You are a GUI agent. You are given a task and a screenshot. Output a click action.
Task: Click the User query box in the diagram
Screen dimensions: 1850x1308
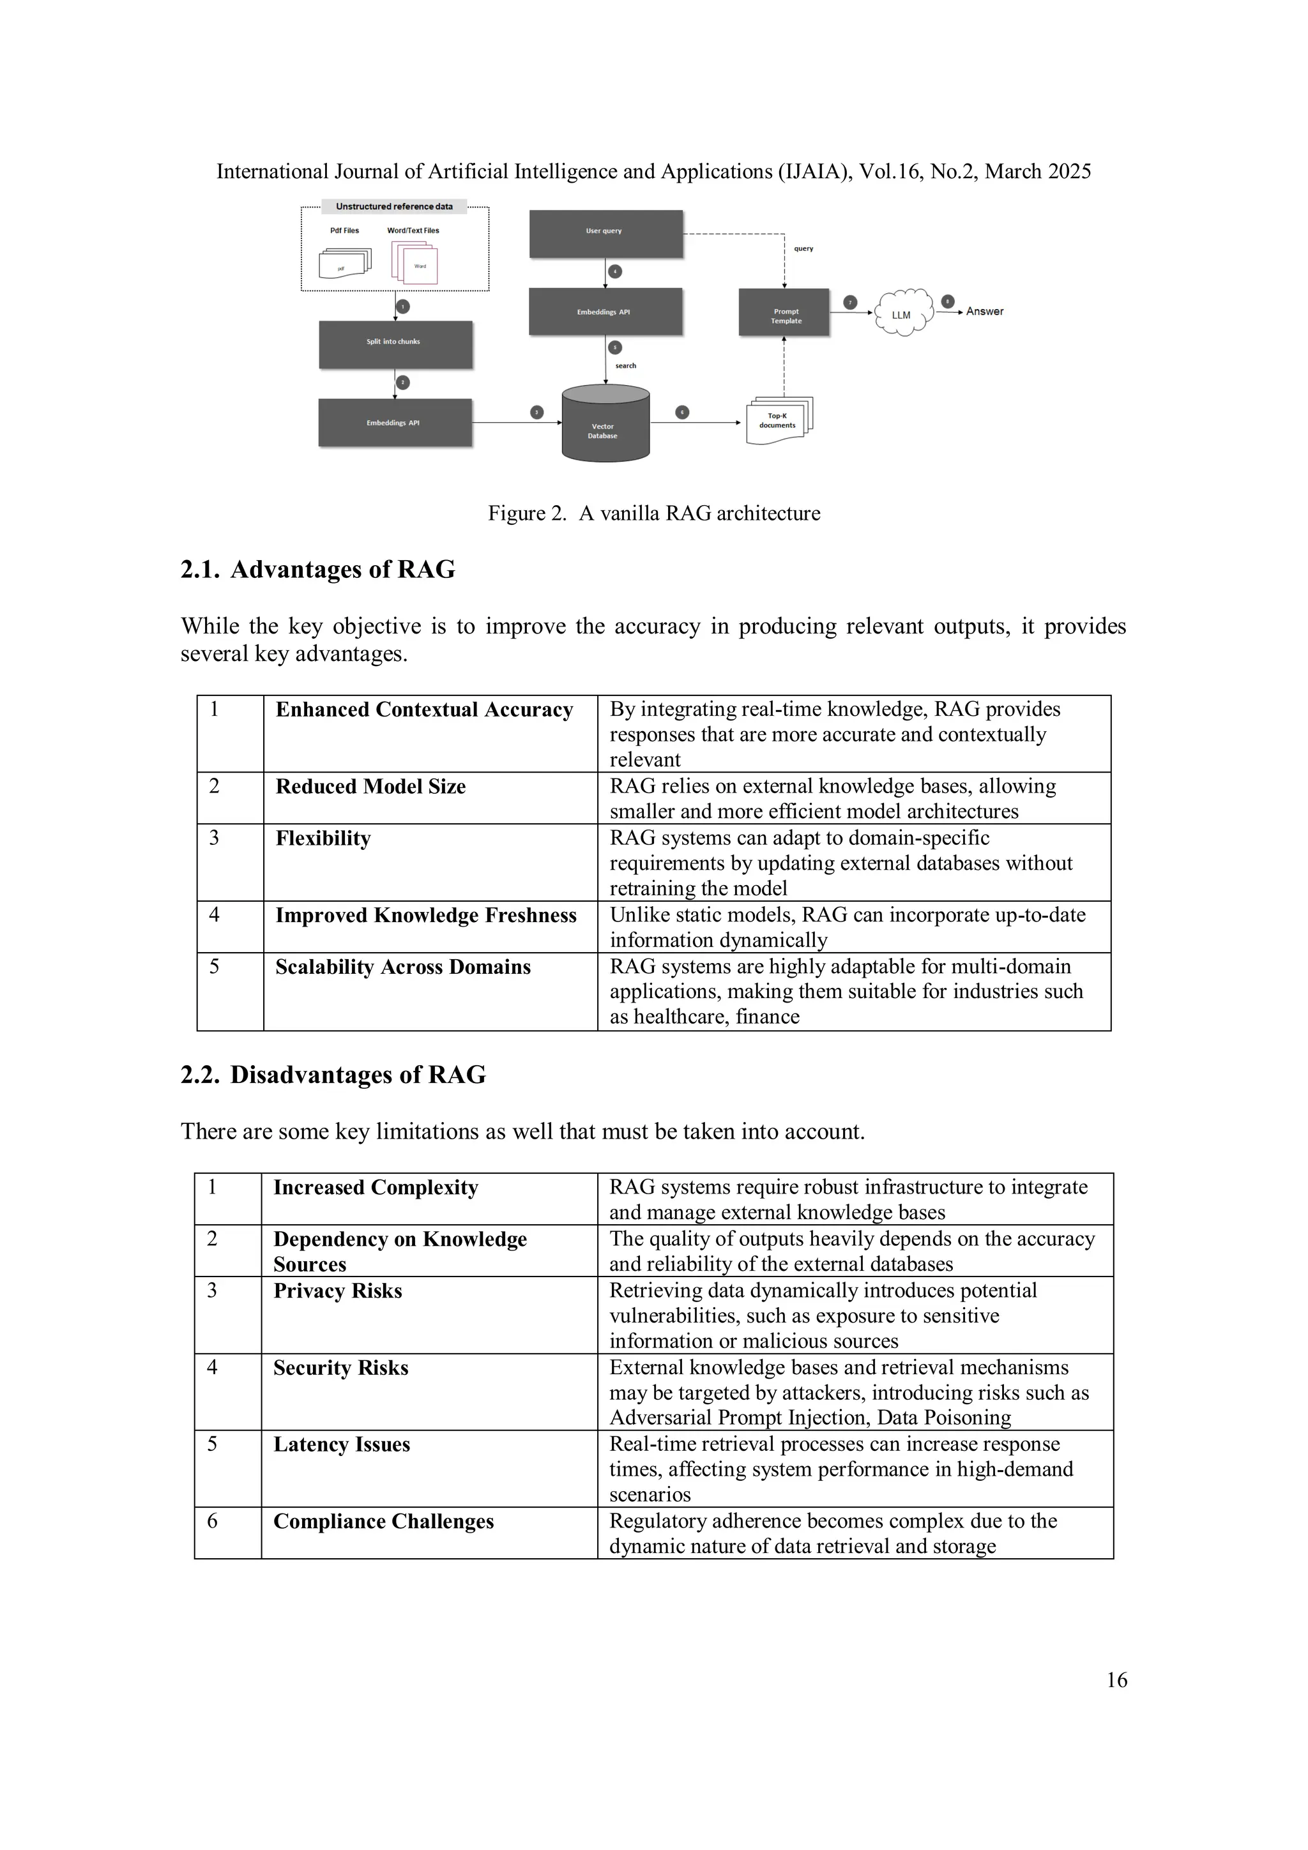[605, 233]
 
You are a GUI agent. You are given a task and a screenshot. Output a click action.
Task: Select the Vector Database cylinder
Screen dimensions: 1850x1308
[605, 425]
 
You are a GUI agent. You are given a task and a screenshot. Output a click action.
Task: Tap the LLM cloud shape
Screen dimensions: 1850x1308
[902, 314]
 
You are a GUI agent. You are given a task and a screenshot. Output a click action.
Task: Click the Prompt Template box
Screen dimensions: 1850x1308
[784, 313]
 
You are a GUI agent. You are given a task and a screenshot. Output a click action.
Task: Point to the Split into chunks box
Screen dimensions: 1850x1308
[395, 344]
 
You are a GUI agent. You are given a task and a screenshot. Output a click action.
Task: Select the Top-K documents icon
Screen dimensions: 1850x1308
[779, 421]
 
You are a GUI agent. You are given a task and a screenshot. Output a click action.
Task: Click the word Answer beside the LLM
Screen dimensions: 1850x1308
[984, 311]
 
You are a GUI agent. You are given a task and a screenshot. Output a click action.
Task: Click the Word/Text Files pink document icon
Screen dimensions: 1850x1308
[416, 262]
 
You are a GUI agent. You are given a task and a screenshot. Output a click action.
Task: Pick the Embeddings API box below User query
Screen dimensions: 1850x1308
[605, 312]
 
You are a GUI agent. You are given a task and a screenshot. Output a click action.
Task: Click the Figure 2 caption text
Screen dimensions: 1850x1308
[653, 513]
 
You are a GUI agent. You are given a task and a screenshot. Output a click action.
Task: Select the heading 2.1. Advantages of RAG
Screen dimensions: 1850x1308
[317, 570]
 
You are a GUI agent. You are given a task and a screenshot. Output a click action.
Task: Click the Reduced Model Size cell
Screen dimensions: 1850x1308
[370, 786]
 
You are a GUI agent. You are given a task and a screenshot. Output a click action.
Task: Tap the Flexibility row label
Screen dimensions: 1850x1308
[323, 838]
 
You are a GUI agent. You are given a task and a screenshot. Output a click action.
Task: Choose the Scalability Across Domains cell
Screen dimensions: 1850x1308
[403, 967]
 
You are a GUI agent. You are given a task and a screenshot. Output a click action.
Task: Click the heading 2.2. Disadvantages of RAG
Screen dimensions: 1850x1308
[333, 1075]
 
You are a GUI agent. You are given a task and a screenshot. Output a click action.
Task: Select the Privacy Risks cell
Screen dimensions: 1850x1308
[338, 1291]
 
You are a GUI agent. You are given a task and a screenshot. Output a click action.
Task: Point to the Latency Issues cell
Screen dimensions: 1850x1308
[342, 1444]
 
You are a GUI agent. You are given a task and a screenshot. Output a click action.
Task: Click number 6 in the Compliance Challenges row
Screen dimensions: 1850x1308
[213, 1521]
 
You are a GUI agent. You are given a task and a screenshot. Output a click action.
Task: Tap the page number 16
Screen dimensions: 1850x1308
[1116, 1680]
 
